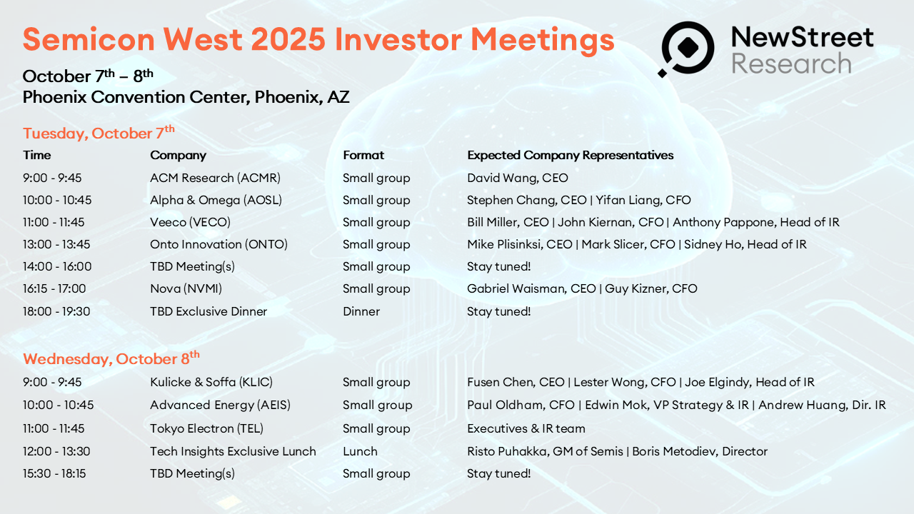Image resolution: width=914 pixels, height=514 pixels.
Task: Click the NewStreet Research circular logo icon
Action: click(687, 49)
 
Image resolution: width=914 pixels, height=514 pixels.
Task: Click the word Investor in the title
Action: click(398, 39)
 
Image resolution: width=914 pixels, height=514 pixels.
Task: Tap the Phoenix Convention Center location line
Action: click(186, 97)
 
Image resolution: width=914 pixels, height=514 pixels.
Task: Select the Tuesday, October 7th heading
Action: click(99, 133)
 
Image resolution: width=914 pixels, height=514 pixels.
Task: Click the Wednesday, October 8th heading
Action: click(111, 358)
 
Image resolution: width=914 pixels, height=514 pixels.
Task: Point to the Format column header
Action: click(363, 155)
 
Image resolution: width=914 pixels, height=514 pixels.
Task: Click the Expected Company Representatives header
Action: click(570, 156)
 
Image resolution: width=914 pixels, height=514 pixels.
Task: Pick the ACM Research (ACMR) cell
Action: click(215, 178)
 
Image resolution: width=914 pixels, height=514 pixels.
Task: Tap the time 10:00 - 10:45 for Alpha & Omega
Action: click(57, 200)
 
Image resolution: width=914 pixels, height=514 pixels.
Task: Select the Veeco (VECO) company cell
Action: click(190, 222)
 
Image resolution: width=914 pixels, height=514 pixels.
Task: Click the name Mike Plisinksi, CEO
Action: click(519, 244)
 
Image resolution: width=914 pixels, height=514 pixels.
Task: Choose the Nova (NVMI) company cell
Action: click(186, 289)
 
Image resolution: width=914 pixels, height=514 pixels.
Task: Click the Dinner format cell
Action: click(361, 311)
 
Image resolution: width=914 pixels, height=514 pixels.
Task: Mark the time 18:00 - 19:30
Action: click(56, 311)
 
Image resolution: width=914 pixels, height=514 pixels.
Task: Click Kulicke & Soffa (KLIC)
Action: click(211, 382)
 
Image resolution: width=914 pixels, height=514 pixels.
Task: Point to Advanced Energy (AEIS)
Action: click(221, 405)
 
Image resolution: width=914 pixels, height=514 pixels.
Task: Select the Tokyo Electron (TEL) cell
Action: click(206, 429)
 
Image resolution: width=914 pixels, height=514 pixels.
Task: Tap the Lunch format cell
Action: click(360, 451)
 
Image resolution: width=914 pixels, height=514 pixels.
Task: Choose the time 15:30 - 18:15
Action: click(54, 473)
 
